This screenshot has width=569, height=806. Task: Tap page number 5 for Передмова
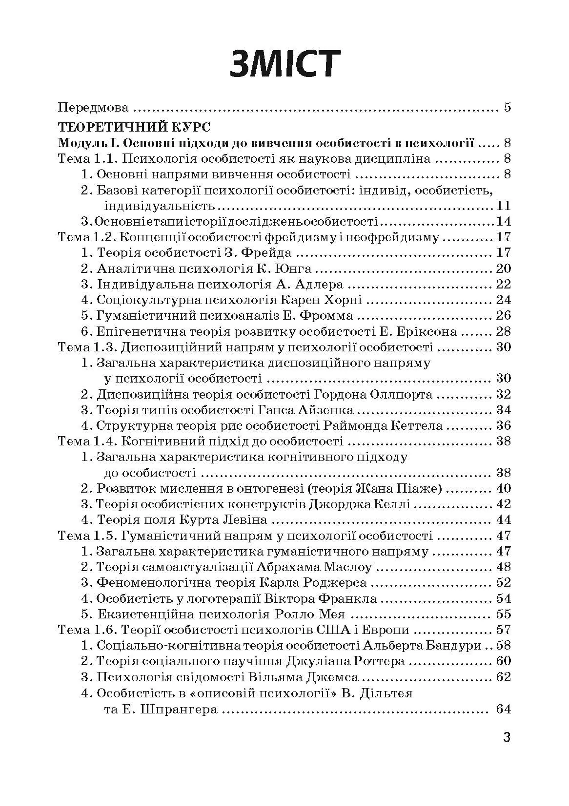tap(507, 107)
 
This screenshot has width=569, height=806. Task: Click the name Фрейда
tap(269, 253)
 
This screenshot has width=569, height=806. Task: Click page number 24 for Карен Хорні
tap(503, 300)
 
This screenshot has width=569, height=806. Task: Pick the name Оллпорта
tap(400, 394)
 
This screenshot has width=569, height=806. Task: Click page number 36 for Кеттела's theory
tap(503, 425)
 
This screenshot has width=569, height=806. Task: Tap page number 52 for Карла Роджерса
tap(503, 582)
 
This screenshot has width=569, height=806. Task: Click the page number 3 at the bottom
tap(507, 737)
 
